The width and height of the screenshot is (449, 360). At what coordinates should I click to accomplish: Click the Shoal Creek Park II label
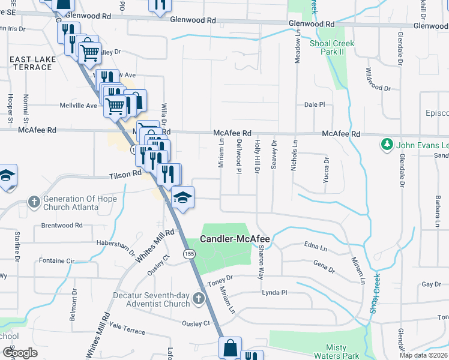click(x=331, y=48)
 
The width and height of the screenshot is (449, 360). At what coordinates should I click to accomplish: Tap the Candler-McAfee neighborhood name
click(x=235, y=239)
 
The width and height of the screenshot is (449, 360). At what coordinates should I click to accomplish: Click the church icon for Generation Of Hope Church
click(x=35, y=202)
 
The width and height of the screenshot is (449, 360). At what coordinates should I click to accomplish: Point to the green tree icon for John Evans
click(x=387, y=145)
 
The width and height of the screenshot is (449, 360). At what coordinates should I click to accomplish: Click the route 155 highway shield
click(x=190, y=254)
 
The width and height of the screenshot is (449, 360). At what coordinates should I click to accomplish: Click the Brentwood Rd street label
click(x=62, y=226)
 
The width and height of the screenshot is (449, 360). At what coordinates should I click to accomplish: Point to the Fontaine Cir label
click(x=56, y=261)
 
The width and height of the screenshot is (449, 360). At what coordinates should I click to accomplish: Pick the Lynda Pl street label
click(x=275, y=292)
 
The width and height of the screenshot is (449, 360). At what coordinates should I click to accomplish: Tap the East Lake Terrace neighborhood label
click(x=31, y=63)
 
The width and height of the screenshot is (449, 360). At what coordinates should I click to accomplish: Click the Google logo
click(x=20, y=352)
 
